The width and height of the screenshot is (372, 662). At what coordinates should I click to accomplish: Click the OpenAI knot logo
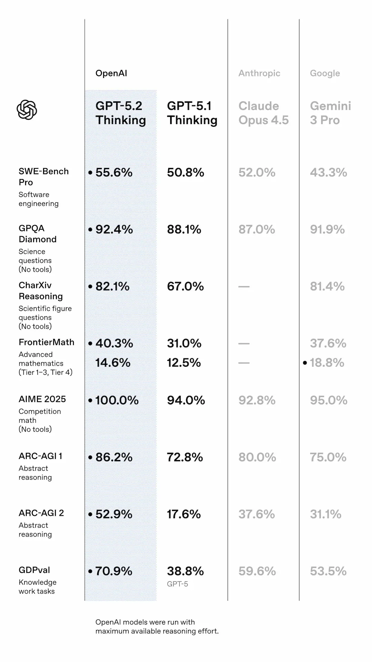(x=27, y=110)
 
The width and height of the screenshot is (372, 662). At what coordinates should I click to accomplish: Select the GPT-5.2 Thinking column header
(x=121, y=113)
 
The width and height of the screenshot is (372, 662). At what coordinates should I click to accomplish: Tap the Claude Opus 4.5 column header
(x=263, y=113)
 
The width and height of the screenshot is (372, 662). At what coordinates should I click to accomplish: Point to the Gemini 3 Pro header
(x=330, y=113)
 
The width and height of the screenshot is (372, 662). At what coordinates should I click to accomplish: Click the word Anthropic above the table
(x=259, y=73)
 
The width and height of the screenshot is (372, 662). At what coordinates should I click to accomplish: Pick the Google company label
(x=325, y=73)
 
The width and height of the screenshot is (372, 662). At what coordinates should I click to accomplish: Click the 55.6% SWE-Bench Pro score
(x=114, y=172)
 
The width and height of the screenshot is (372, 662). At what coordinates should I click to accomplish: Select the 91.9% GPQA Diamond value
(x=327, y=229)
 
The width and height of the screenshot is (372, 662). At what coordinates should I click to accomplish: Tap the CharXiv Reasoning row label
(x=41, y=291)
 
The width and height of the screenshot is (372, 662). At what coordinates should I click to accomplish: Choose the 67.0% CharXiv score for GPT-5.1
(x=185, y=286)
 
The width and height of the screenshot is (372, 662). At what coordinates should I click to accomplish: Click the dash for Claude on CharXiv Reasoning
(x=244, y=287)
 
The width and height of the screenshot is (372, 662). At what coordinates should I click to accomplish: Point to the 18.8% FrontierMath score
(x=327, y=363)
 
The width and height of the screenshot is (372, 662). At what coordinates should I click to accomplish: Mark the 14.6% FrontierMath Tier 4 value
(x=113, y=363)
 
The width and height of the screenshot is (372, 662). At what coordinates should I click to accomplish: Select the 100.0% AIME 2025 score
(x=117, y=400)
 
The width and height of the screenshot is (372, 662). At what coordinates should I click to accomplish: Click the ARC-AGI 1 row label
(x=41, y=456)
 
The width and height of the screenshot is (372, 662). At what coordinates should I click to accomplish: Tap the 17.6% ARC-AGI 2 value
(x=184, y=514)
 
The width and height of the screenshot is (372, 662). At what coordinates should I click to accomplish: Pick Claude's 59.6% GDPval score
(x=257, y=571)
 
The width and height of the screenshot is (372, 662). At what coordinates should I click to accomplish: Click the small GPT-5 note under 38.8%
(x=177, y=584)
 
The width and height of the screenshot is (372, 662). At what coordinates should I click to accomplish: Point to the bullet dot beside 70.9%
(x=90, y=571)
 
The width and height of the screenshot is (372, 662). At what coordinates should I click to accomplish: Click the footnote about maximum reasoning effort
(x=157, y=626)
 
